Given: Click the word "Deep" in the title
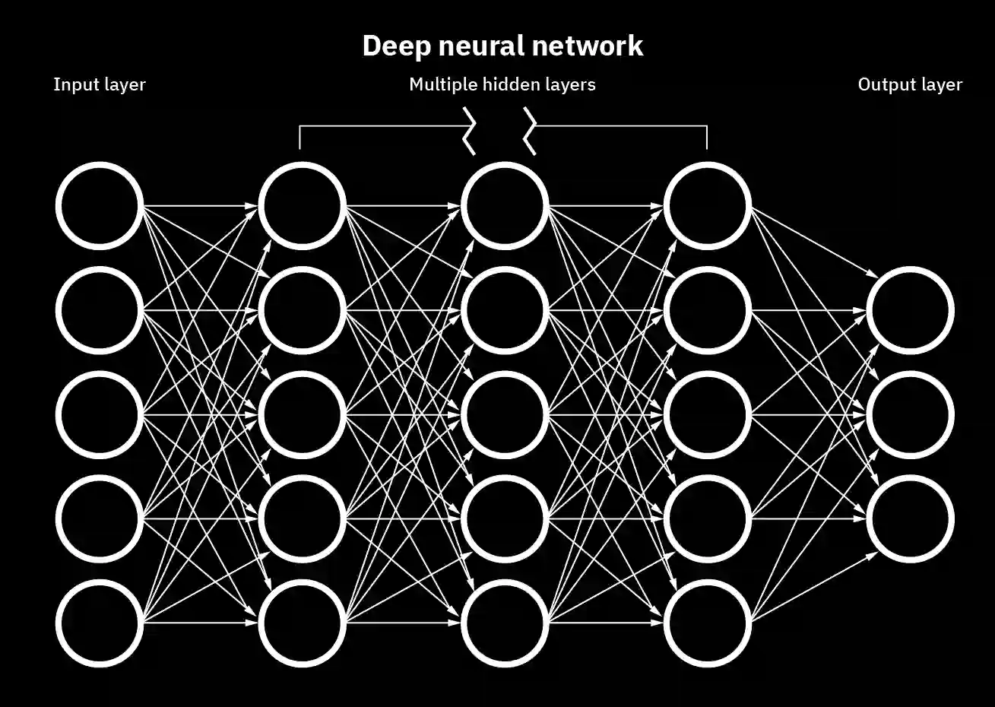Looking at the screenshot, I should [x=392, y=46].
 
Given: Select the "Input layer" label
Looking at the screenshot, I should [x=99, y=84].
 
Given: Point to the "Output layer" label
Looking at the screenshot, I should [x=910, y=84].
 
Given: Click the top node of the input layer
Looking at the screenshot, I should [x=100, y=205].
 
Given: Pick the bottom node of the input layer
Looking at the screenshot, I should [x=100, y=623].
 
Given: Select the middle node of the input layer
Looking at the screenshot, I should [x=100, y=414].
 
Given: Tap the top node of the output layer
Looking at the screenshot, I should [x=911, y=309].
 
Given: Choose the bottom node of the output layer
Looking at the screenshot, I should [x=911, y=519].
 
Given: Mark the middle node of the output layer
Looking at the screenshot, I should [x=911, y=414].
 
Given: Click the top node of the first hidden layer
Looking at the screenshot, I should [x=303, y=205].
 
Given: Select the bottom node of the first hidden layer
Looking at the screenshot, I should [x=303, y=623].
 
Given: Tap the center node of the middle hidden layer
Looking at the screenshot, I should [x=505, y=414].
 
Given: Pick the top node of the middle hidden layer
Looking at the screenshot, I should [x=505, y=205].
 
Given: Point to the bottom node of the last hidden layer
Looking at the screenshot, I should [x=708, y=623].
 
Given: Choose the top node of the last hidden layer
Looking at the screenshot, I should [x=708, y=205].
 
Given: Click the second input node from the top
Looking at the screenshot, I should [x=100, y=309].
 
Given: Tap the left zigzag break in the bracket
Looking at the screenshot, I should [x=471, y=131].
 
